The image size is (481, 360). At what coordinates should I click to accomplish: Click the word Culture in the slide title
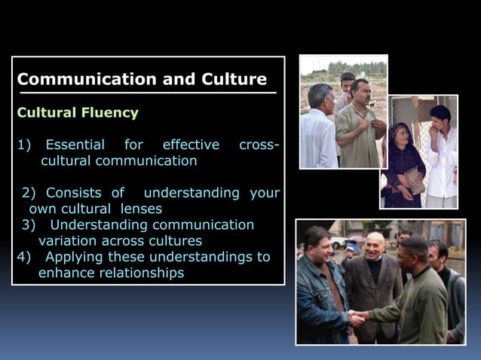pyautogui.click(x=232, y=79)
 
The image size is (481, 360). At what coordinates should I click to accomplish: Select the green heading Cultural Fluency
pyautogui.click(x=78, y=113)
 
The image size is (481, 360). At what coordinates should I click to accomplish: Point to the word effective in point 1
pyautogui.click(x=191, y=145)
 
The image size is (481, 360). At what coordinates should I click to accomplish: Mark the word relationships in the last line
pyautogui.click(x=139, y=273)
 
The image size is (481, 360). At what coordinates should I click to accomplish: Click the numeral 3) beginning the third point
pyautogui.click(x=29, y=224)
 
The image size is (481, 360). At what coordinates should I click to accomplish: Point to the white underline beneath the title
pyautogui.click(x=148, y=93)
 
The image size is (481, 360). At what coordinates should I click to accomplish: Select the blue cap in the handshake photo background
pyautogui.click(x=353, y=247)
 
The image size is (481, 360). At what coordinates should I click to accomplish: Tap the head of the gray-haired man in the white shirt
pyautogui.click(x=320, y=96)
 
